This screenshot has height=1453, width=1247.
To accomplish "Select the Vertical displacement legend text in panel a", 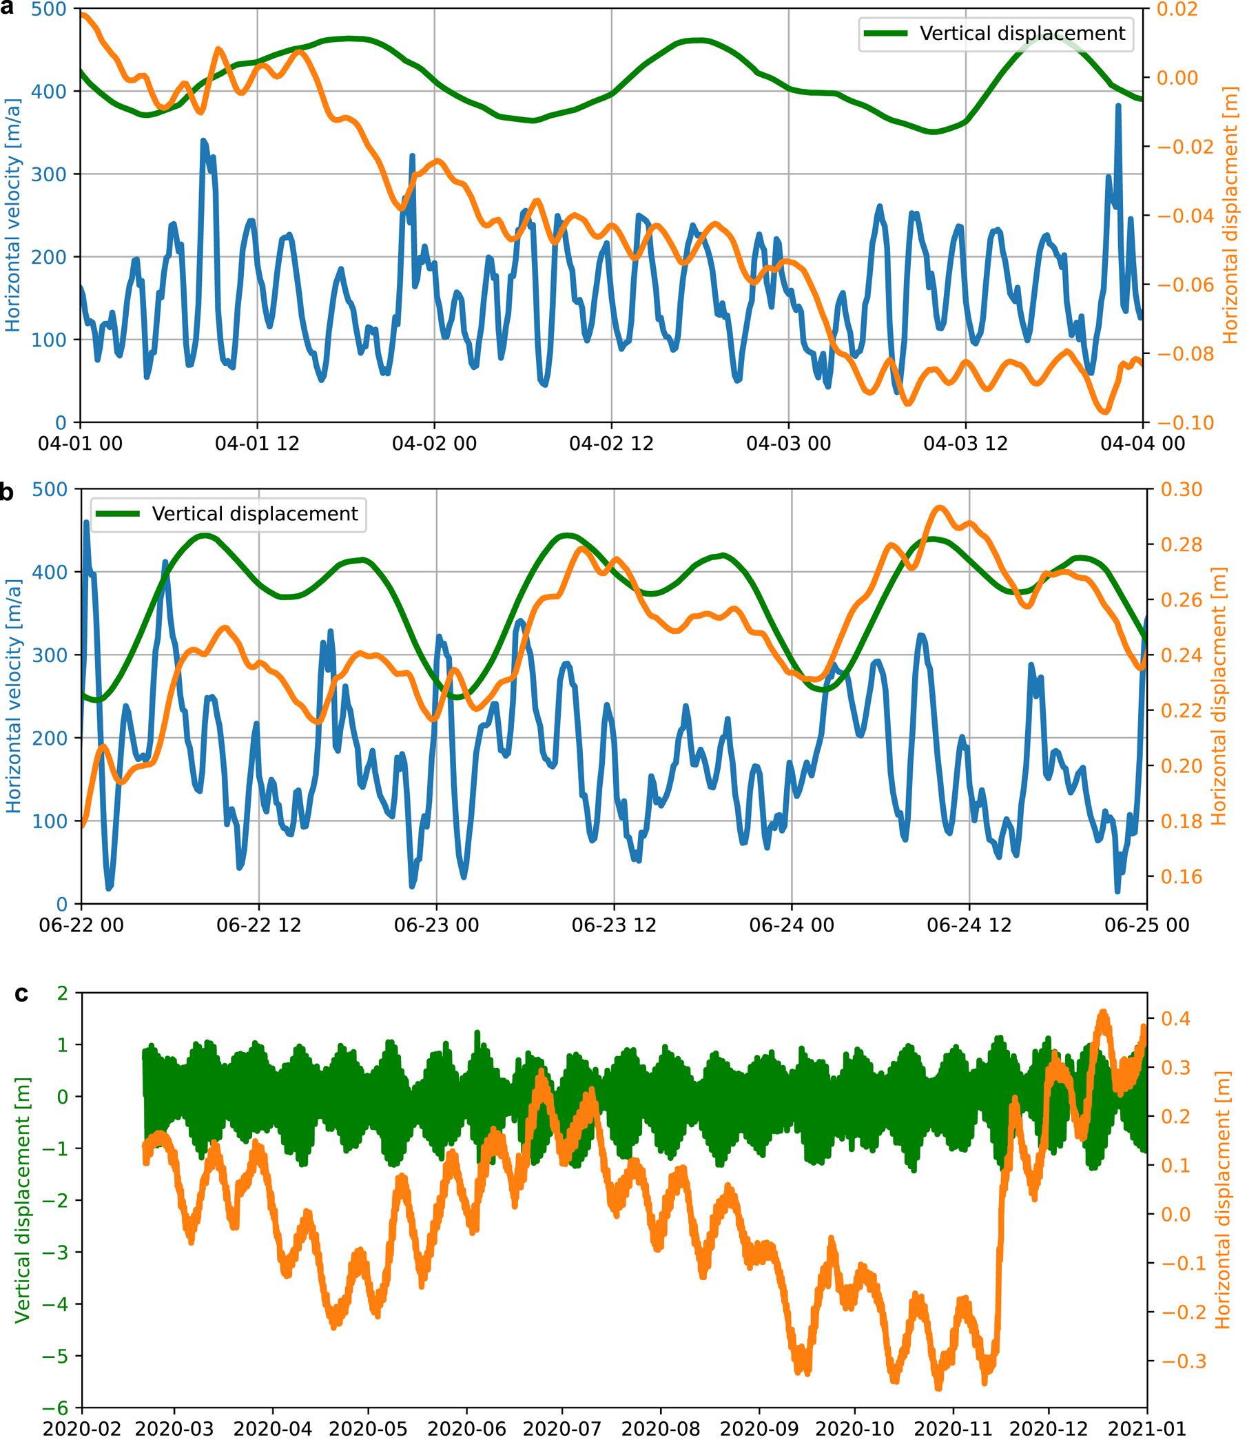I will tap(1022, 34).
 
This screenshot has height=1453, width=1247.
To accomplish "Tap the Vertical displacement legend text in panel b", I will tap(255, 514).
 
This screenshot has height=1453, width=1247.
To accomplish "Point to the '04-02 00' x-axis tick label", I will tap(434, 444).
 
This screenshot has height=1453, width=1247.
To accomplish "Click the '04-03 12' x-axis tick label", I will tap(965, 444).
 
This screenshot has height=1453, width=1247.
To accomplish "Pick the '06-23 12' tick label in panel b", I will tap(614, 925).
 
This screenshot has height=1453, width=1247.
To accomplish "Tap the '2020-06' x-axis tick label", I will tap(466, 1429).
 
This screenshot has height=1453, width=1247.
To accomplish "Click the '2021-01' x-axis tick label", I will tap(1146, 1429).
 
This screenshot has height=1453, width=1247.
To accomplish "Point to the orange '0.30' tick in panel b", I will tap(1182, 489).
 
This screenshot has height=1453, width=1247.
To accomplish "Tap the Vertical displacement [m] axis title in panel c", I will tap(23, 1200).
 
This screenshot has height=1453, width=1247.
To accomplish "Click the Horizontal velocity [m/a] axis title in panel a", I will tap(13, 215).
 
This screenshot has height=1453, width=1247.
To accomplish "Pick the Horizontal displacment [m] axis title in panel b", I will tap(1219, 697).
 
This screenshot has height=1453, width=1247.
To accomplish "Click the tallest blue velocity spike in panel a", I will tap(1118, 106).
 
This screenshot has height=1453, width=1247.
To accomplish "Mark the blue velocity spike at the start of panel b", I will tap(86, 522).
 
